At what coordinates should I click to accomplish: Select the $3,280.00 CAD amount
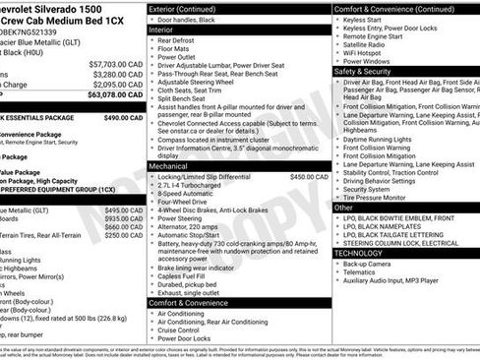click(x=117, y=73)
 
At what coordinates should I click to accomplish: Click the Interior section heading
click(x=162, y=30)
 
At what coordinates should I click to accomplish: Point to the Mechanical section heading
click(x=168, y=166)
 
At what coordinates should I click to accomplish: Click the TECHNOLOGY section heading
click(x=360, y=252)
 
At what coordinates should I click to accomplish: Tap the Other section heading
click(x=343, y=208)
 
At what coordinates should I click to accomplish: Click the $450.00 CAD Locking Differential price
click(x=309, y=177)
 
